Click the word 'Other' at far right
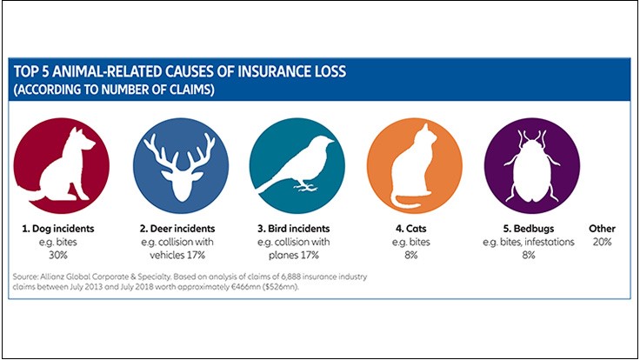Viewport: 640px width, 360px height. pos(601,229)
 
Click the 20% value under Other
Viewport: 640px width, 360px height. pos(601,243)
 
